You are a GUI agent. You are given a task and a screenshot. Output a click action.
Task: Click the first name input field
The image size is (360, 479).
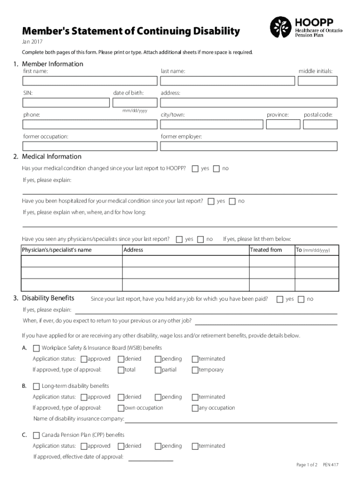click(90, 80)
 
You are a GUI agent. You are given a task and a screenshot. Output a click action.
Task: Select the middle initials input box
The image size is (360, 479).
click(317, 80)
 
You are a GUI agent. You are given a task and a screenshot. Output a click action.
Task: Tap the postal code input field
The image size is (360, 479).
click(320, 124)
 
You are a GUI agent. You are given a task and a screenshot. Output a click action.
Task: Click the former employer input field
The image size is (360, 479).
click(248, 146)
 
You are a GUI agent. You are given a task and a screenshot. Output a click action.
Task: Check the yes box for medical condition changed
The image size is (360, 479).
click(195, 168)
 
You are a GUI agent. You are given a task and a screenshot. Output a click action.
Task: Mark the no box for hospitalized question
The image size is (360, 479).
click(232, 201)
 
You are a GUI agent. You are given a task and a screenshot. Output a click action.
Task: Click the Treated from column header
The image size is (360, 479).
click(266, 250)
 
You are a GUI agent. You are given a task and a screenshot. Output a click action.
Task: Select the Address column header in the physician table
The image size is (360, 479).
click(133, 250)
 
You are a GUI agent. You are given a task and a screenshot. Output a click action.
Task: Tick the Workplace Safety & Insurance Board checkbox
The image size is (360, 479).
click(36, 348)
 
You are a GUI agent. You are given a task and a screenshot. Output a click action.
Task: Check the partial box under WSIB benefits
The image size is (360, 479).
click(158, 370)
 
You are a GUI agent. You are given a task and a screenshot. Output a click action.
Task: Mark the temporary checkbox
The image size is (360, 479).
click(195, 370)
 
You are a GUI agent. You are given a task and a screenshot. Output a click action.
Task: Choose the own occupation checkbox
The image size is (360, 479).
click(121, 408)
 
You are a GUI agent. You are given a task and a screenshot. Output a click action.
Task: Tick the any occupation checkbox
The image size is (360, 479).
click(195, 408)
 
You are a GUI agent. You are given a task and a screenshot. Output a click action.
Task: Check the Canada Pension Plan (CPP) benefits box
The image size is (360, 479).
click(36, 435)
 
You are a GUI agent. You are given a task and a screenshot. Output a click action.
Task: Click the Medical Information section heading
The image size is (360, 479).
click(51, 157)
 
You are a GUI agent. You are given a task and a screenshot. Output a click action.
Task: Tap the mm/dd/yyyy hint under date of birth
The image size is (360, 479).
click(135, 111)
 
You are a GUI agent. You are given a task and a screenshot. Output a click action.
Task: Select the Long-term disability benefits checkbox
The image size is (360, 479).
click(36, 386)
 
